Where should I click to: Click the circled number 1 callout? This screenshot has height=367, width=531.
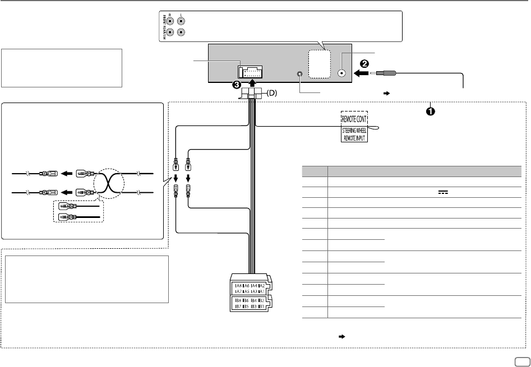pyautogui.click(x=430, y=111)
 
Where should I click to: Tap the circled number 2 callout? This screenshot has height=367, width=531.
pyautogui.click(x=364, y=63)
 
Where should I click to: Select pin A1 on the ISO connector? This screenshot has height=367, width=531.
pyautogui.click(x=261, y=292)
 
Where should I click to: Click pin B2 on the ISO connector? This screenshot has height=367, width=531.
pyautogui.click(x=261, y=300)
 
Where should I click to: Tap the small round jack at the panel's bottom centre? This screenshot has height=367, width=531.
pyautogui.click(x=301, y=74)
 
